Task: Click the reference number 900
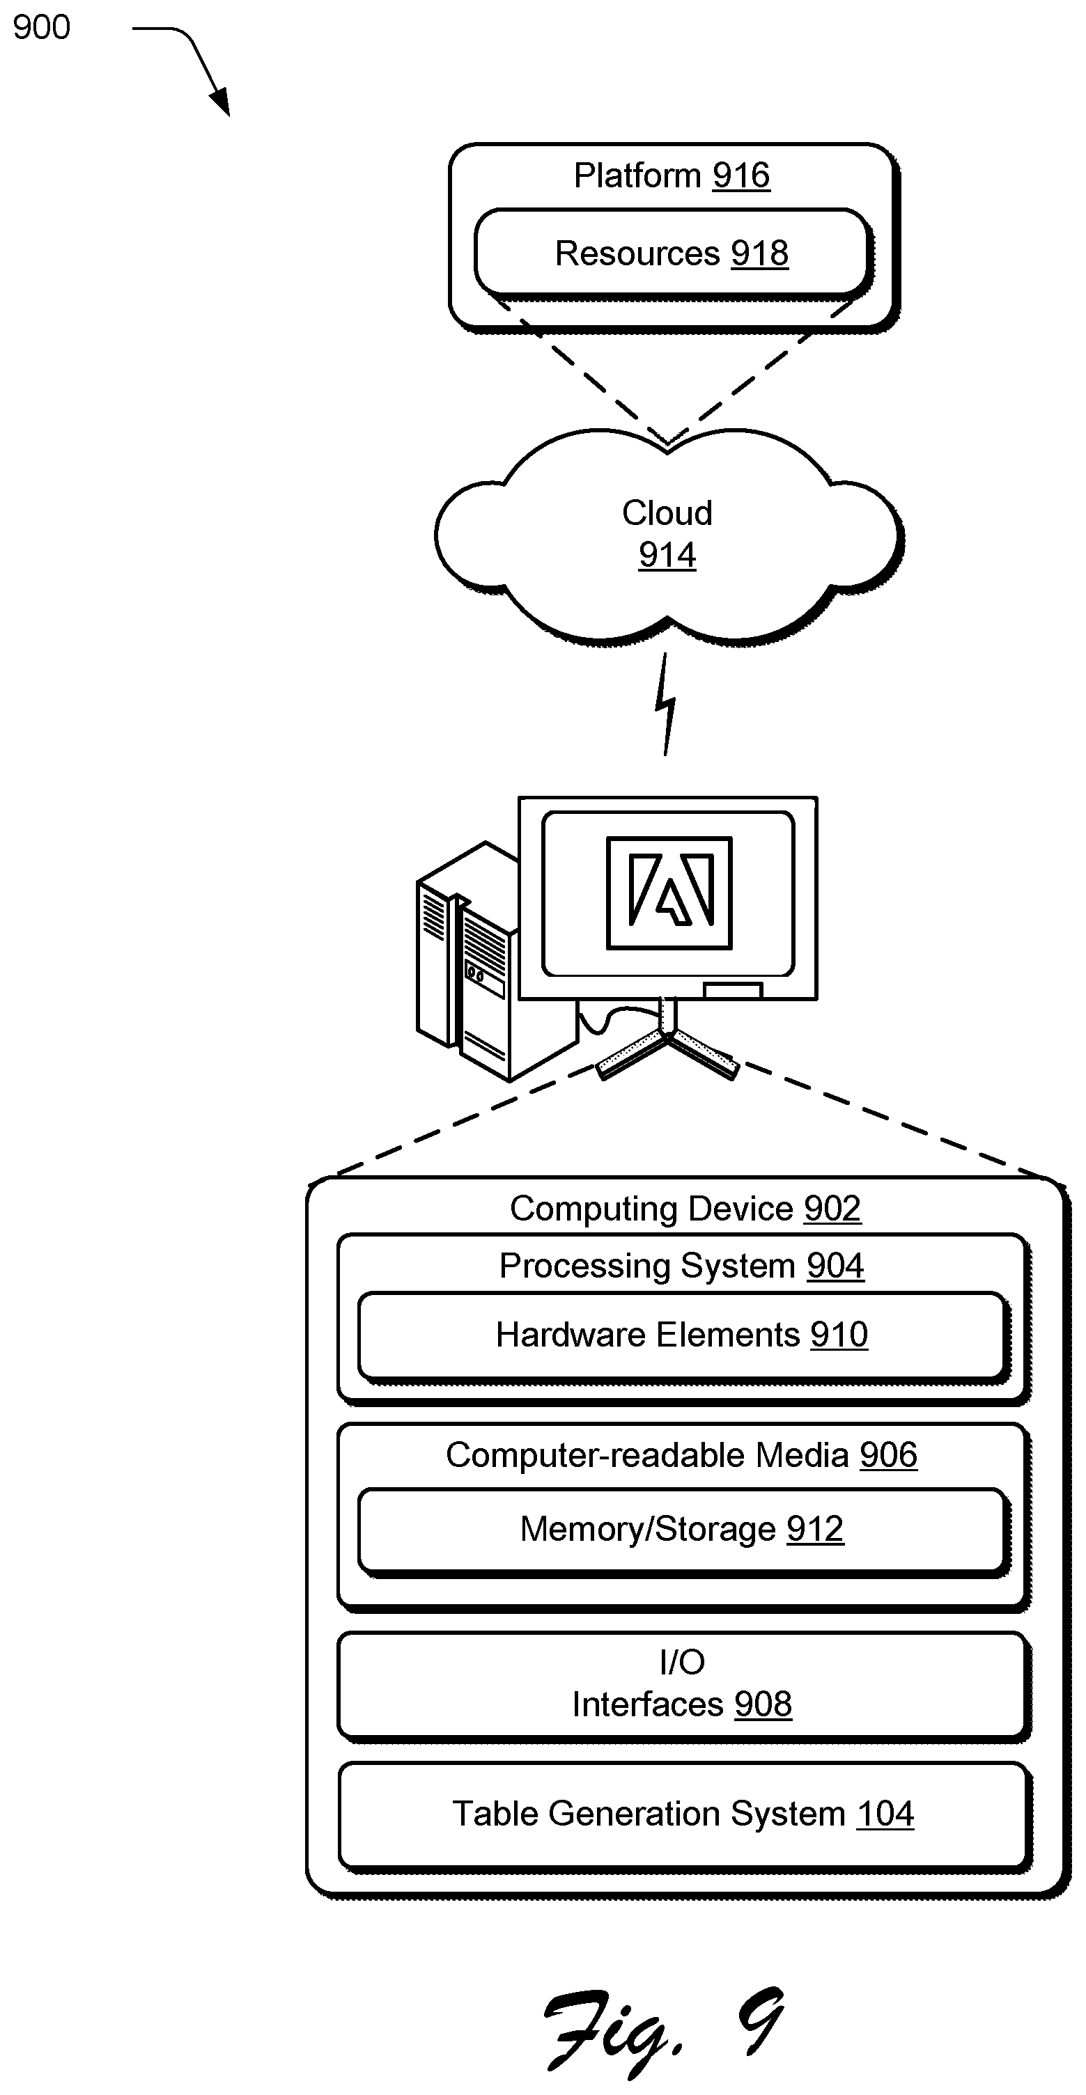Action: (42, 28)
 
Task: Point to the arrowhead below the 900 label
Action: (220, 103)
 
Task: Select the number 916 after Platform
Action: (741, 175)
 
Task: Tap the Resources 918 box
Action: (672, 253)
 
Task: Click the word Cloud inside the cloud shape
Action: (667, 513)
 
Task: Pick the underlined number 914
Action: (667, 556)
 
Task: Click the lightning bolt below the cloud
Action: (666, 705)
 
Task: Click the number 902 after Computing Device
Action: (832, 1209)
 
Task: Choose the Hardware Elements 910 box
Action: (683, 1336)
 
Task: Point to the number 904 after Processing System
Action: (835, 1266)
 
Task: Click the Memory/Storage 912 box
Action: (683, 1530)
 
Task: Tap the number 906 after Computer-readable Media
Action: (888, 1455)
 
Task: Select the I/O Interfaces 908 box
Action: (683, 1684)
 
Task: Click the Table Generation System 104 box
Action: (683, 1815)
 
